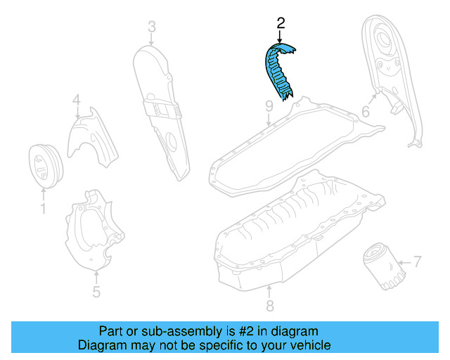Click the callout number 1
coord(42,208)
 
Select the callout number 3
coord(151,28)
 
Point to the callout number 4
coord(76,102)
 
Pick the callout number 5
coord(96,292)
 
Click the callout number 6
coord(366,112)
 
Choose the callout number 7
coord(417,263)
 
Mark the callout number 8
coord(269,306)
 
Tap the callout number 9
coord(269,106)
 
